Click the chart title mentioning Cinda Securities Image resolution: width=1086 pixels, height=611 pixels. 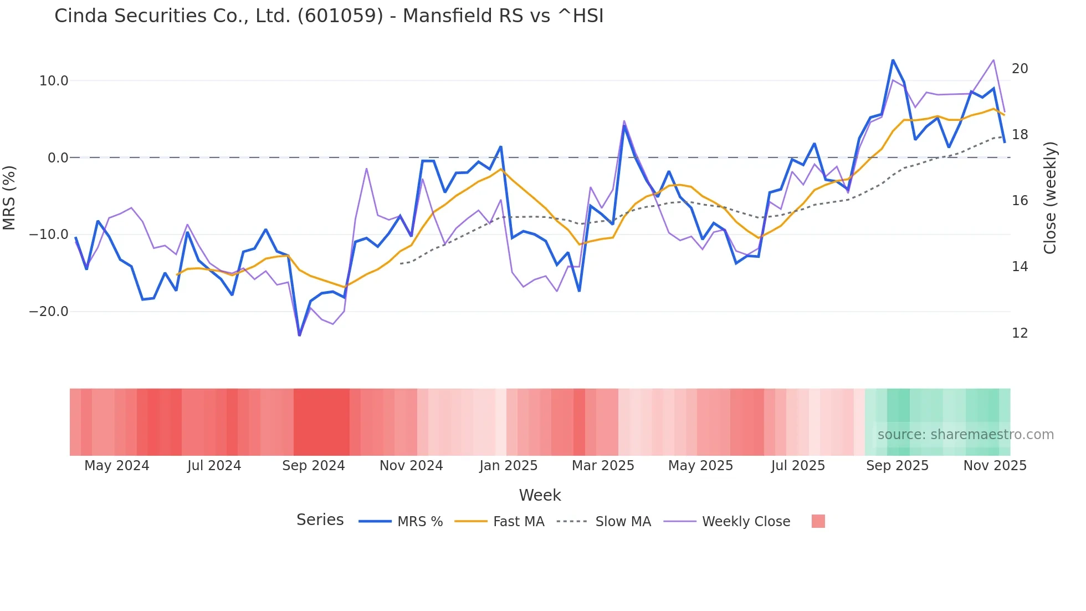[x=329, y=16]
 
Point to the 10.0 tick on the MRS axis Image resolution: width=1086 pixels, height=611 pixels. [x=54, y=81]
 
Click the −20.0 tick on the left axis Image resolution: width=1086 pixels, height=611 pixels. [x=49, y=312]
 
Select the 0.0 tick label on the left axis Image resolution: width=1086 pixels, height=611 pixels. [x=58, y=158]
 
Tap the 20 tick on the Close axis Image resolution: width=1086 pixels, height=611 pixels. [x=1020, y=69]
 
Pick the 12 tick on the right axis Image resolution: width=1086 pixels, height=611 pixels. [x=1020, y=333]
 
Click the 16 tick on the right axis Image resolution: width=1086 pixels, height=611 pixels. [x=1020, y=201]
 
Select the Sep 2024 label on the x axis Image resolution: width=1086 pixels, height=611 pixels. [x=313, y=466]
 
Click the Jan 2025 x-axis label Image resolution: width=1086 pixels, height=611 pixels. [x=508, y=466]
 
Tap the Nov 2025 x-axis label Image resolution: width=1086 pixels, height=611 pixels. [x=995, y=466]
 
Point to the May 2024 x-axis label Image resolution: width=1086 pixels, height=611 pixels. [x=116, y=466]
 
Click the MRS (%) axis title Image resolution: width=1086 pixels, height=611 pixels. [x=9, y=197]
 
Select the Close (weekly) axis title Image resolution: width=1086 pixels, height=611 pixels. [x=1050, y=197]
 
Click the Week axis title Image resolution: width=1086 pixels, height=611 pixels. [x=540, y=495]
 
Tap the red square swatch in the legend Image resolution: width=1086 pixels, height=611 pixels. [x=818, y=521]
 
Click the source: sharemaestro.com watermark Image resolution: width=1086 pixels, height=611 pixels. [x=965, y=435]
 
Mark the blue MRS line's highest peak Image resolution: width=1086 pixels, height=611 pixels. [x=893, y=60]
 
